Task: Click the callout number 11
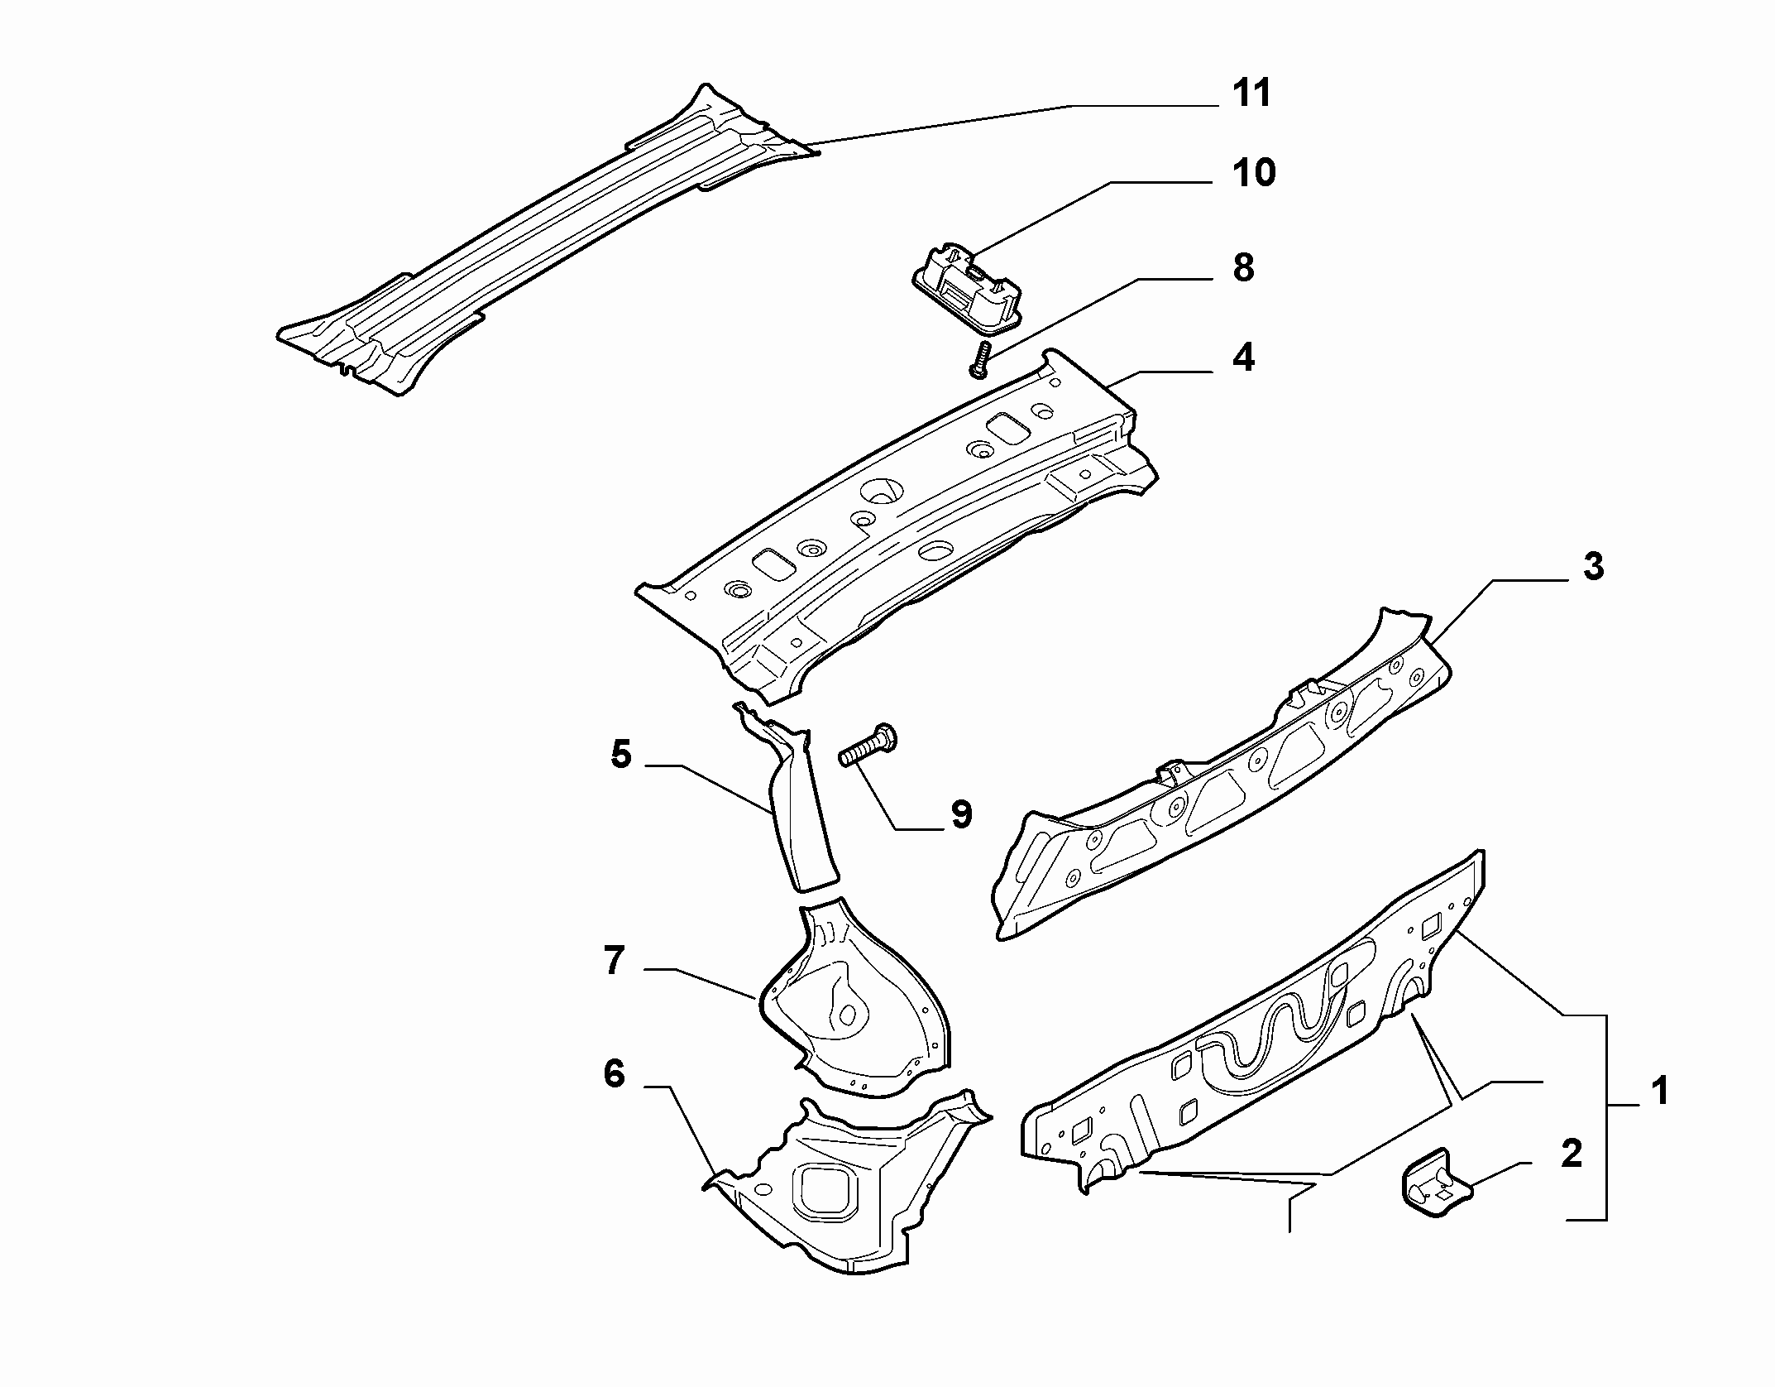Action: point(1251,94)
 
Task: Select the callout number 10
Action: point(1253,173)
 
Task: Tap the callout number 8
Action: point(1243,268)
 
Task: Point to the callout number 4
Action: point(1242,358)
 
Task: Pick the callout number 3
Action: point(1593,567)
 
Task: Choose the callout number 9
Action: point(961,814)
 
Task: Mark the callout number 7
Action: point(613,961)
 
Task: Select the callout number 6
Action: point(614,1074)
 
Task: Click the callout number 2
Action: point(1570,1154)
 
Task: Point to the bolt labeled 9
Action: point(869,744)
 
